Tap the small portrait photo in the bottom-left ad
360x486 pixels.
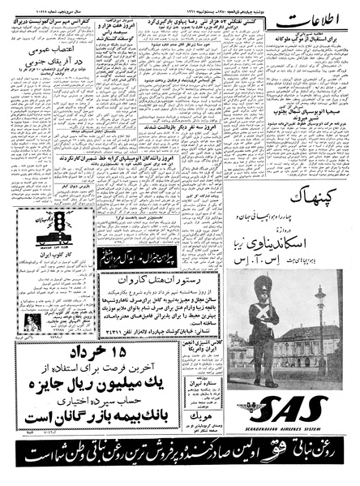[x=18, y=320]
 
